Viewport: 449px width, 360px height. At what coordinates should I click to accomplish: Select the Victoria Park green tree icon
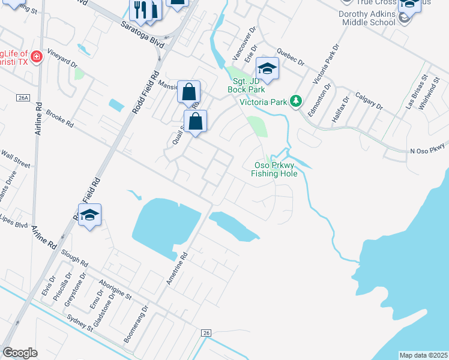(295, 101)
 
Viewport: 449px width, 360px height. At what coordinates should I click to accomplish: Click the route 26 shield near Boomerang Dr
(206, 333)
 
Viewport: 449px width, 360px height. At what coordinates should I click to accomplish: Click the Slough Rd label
(74, 259)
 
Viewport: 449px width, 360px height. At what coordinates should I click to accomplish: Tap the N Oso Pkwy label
(428, 151)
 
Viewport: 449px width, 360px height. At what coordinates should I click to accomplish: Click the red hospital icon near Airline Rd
(37, 57)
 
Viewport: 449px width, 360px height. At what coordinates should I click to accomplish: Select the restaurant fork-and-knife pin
(139, 10)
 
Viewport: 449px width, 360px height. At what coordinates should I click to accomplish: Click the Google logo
(20, 353)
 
